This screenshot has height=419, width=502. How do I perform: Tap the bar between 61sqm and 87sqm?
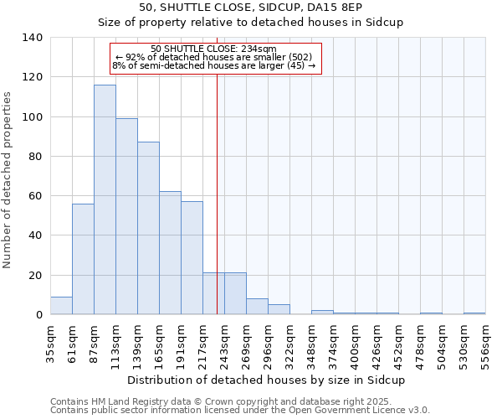pyautogui.click(x=83, y=259)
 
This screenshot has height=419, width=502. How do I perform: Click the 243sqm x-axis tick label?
pyautogui.click(x=224, y=344)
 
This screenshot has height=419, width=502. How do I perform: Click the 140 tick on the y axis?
pyautogui.click(x=33, y=38)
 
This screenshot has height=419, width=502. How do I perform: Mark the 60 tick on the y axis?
pyautogui.click(x=36, y=196)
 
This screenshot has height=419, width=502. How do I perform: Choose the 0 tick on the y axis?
pyautogui.click(x=38, y=315)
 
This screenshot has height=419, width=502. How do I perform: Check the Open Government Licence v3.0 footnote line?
pyautogui.click(x=240, y=410)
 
